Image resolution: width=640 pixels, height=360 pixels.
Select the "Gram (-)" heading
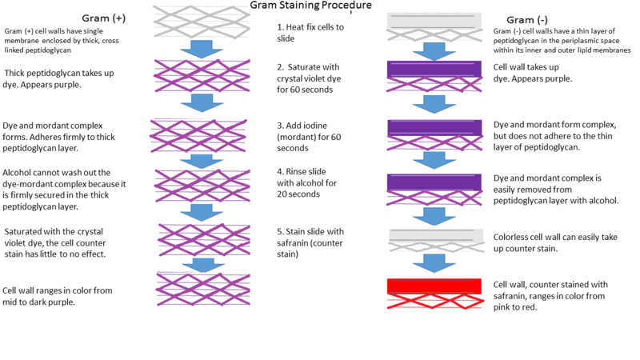pyautogui.click(x=525, y=19)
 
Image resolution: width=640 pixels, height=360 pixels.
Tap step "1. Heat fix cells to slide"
pyautogui.click(x=311, y=33)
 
